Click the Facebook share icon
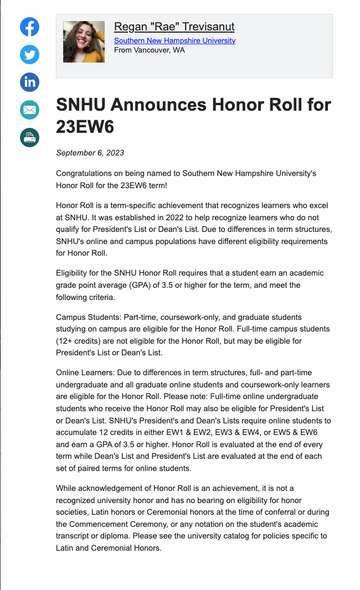30,27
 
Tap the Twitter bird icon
30,54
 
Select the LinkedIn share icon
30,82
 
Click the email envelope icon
30,110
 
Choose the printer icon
30,137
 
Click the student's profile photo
84,42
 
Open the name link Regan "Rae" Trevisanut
174,27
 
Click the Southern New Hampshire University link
174,40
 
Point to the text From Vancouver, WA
149,50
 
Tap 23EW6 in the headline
85,127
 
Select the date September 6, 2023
90,153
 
